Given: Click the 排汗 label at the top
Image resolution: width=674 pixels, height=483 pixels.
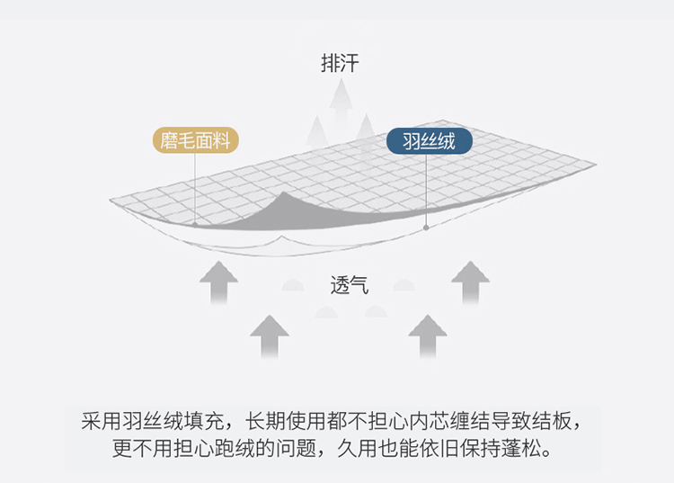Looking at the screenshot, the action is (340, 63).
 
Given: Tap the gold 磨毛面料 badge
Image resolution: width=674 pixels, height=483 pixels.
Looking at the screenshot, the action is (196, 140).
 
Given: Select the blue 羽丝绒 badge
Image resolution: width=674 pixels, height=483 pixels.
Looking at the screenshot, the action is (430, 140).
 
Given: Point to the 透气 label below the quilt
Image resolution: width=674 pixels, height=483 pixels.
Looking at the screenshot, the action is (350, 285).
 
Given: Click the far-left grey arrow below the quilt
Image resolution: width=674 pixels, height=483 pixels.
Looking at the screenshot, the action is (218, 282).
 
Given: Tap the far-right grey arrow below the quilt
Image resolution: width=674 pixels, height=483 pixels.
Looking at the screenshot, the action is (470, 282).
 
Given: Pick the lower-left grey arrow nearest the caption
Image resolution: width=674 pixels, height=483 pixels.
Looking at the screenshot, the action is (270, 336).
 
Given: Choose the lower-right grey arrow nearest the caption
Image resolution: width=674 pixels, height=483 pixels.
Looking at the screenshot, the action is (428, 336).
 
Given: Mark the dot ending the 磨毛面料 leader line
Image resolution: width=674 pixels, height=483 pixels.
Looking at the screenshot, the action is (195, 225).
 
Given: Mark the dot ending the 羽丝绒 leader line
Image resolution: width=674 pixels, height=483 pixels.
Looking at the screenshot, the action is (426, 228).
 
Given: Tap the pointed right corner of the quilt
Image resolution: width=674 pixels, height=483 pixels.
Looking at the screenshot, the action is (596, 164).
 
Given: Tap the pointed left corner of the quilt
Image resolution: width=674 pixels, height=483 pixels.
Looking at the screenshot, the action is (110, 200).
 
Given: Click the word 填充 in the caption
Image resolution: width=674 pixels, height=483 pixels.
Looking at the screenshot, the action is (204, 421).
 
